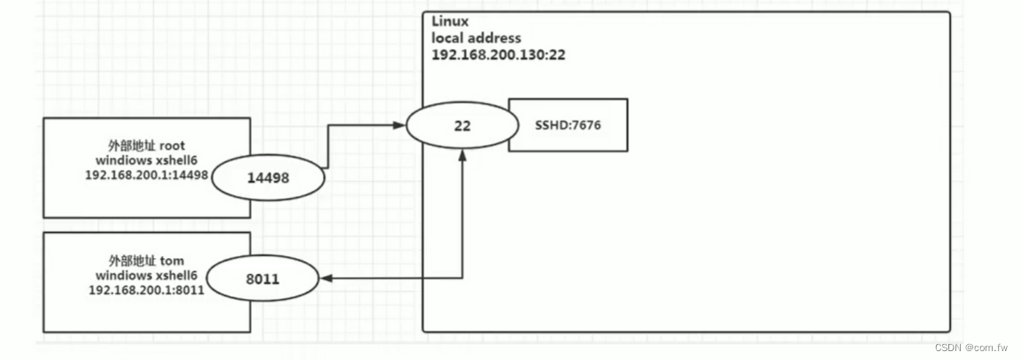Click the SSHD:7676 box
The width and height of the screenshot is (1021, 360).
[568, 125]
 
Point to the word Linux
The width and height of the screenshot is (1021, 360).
[449, 20]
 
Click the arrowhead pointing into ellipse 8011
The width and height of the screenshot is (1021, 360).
[324, 278]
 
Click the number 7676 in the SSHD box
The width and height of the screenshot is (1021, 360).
[587, 125]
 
